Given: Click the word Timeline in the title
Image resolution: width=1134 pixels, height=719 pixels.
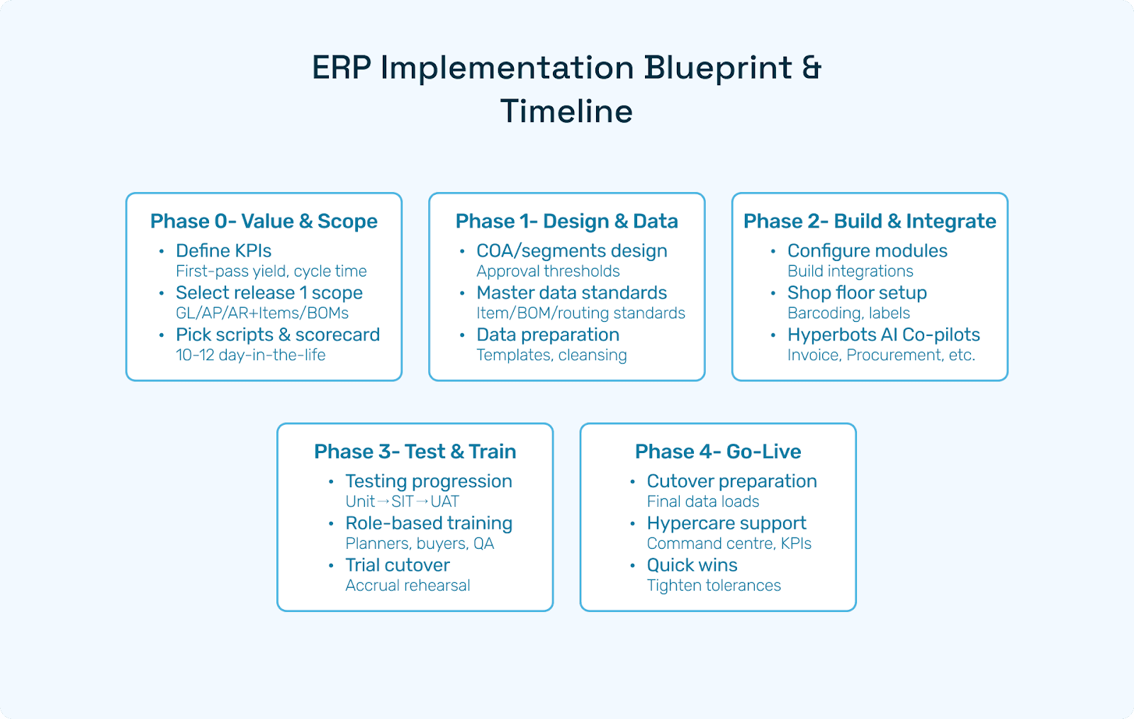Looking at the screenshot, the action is coord(566,111).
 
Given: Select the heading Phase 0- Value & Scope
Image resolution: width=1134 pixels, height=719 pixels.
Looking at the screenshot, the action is coord(264,221).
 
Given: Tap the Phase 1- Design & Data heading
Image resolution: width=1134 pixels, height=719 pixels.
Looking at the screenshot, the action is coord(566,221).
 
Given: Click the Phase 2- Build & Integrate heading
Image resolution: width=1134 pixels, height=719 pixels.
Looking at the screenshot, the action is coord(870,221).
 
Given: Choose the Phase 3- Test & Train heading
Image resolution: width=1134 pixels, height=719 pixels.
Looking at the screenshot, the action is coord(415,452).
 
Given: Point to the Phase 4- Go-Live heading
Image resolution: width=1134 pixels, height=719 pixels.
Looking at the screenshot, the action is coord(718,452).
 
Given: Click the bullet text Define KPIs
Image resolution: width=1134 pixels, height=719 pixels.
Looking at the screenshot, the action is coord(223,250).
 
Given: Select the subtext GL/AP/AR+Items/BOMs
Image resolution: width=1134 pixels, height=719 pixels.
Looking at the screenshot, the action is coord(262,313).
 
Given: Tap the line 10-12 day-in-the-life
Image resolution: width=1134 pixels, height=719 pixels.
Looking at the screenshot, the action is coord(251,355).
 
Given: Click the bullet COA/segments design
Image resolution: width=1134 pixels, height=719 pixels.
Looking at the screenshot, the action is coord(571,251).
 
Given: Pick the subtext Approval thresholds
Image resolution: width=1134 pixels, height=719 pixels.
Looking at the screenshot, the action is coord(548,272).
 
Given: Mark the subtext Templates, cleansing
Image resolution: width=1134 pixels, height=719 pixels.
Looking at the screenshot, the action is coord(551,355).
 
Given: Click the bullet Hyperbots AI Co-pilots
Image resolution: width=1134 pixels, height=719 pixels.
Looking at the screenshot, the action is coord(883,335).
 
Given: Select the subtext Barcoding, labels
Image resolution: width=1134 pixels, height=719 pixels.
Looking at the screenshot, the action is coord(848,313).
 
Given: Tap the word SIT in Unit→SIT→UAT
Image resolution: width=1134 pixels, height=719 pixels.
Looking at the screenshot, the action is coord(403,502).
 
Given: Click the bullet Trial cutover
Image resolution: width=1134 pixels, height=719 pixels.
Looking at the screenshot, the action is coord(398,565).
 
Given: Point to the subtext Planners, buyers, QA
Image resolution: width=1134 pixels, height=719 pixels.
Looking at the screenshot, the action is coord(420,544).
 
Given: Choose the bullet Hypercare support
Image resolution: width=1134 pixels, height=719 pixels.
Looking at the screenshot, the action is coord(726,523).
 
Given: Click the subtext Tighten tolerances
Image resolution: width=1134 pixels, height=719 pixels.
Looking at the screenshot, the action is coord(714,586).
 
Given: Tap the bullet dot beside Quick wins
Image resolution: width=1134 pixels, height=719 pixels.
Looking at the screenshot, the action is coord(632,565).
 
